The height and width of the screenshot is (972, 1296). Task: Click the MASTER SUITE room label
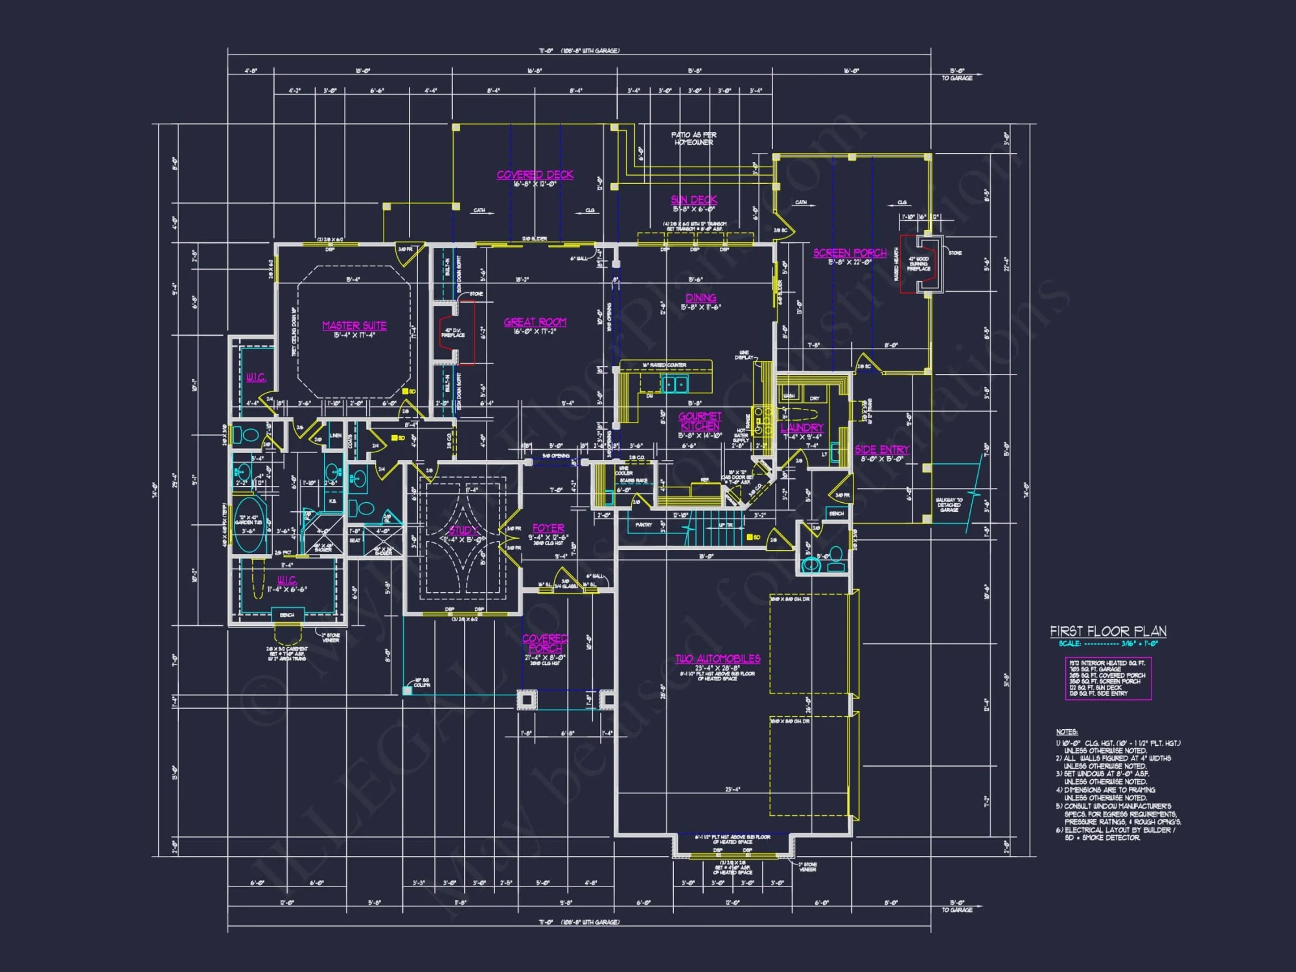coord(354,325)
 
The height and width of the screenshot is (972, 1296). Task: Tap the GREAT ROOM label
coord(535,322)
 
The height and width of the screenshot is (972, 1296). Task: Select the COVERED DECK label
coord(535,174)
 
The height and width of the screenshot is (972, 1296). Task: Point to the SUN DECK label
coord(693,200)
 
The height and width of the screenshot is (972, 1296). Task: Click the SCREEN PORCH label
coord(850,253)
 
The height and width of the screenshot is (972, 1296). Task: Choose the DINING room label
coord(700,298)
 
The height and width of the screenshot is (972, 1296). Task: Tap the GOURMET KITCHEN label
coord(700,421)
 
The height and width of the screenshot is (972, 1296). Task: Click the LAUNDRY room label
coord(802,428)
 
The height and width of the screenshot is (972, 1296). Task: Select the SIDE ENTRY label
coord(881,449)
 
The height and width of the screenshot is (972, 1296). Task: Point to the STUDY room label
coord(463,531)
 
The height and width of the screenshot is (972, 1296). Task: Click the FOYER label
coord(548,528)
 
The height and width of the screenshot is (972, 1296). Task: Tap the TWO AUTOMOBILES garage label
coord(717,658)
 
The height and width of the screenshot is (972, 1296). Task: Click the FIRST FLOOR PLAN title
coord(1108,631)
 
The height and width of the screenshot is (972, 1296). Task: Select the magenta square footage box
coord(1108,678)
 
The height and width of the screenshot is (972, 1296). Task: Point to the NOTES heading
coord(1067,732)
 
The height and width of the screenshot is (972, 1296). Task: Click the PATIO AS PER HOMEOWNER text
coord(693,139)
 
